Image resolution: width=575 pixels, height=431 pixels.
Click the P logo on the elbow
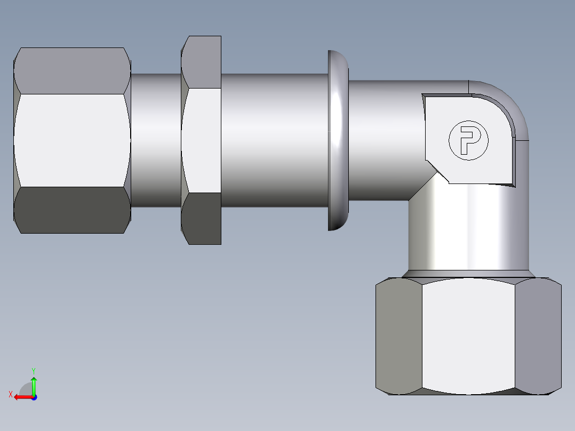pyautogui.click(x=468, y=140)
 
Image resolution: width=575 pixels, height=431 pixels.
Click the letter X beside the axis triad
pyautogui.click(x=11, y=394)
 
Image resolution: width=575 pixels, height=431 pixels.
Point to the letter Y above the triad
pyautogui.click(x=34, y=370)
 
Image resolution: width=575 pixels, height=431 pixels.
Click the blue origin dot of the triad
pyautogui.click(x=34, y=397)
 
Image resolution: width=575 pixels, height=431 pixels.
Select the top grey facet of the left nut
pyautogui.click(x=72, y=70)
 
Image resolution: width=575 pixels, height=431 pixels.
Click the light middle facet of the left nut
pyautogui.click(x=72, y=140)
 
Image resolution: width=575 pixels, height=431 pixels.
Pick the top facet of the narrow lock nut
pyautogui.click(x=202, y=61)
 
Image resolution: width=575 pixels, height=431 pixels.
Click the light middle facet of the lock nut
pyautogui.click(x=202, y=140)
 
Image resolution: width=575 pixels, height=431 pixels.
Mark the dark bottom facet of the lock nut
pyautogui.click(x=202, y=219)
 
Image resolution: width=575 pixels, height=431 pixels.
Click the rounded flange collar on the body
pyautogui.click(x=338, y=140)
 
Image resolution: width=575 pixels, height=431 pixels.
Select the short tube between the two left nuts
pyautogui.click(x=156, y=140)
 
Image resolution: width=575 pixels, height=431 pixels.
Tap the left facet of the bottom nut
pyautogui.click(x=398, y=336)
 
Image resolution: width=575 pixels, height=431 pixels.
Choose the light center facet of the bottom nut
pyautogui.click(x=468, y=336)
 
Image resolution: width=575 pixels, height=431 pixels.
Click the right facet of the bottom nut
pyautogui.click(x=538, y=336)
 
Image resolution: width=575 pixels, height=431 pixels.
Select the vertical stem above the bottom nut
pyautogui.click(x=468, y=235)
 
